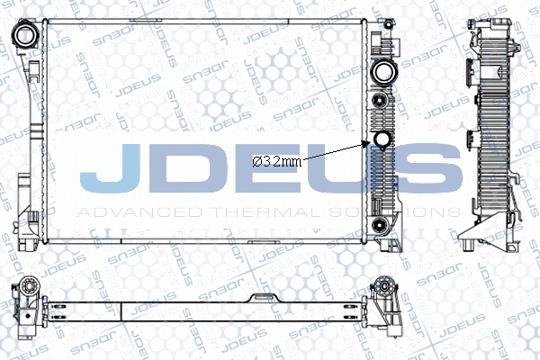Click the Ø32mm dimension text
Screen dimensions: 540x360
(x=276, y=161)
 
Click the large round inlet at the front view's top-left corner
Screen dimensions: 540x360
(x=26, y=35)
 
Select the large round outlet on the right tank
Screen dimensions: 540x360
(x=384, y=73)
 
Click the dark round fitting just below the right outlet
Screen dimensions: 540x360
(x=380, y=100)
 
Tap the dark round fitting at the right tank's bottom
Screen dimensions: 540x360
(x=380, y=225)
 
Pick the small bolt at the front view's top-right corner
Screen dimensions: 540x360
(x=388, y=24)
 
